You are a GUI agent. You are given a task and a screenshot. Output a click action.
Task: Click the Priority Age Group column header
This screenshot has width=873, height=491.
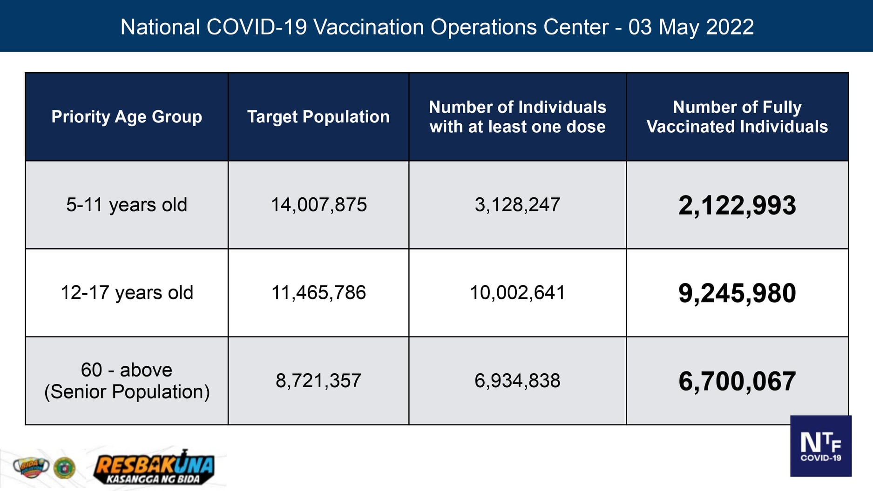coord(127,117)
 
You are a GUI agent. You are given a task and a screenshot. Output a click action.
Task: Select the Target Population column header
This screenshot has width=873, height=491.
coord(318,117)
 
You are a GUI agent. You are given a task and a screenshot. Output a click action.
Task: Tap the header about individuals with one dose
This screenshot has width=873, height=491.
coord(517,117)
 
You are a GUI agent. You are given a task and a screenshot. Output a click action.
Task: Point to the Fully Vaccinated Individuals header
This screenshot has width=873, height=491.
coord(737,117)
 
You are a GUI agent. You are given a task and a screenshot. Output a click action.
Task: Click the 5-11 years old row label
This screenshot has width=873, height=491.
coord(127,205)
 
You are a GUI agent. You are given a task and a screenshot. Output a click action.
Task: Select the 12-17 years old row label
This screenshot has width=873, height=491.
coord(127,293)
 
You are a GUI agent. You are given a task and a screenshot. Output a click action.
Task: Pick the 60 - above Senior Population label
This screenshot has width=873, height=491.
coord(127,381)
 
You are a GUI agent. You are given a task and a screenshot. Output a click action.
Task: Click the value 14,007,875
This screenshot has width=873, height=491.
coord(318,205)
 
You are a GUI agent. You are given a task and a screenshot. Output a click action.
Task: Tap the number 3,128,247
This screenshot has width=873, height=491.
coord(517,205)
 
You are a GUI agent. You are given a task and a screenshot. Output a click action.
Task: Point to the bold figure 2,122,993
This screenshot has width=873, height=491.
coord(737,205)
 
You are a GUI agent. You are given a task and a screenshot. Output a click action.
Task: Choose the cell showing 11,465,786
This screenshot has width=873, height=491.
coord(318,293)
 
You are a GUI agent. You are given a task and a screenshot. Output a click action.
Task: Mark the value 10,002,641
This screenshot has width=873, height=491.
coord(517,293)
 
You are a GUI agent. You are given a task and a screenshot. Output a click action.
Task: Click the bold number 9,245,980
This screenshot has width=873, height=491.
coord(737,293)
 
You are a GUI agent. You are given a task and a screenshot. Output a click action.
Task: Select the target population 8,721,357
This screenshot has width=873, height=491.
coord(318,381)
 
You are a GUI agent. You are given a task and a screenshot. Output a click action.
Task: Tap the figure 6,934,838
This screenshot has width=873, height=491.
coord(517,381)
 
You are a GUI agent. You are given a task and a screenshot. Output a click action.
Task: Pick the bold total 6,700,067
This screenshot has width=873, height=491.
coord(737,381)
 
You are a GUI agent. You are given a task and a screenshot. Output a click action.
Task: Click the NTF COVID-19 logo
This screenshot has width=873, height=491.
coord(820,446)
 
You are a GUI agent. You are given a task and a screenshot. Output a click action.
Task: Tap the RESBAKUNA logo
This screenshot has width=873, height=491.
coord(154,468)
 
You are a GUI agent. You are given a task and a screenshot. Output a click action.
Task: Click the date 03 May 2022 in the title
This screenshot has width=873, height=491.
coord(691,27)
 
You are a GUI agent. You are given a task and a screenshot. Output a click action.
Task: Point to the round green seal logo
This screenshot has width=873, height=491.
coord(64,468)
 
